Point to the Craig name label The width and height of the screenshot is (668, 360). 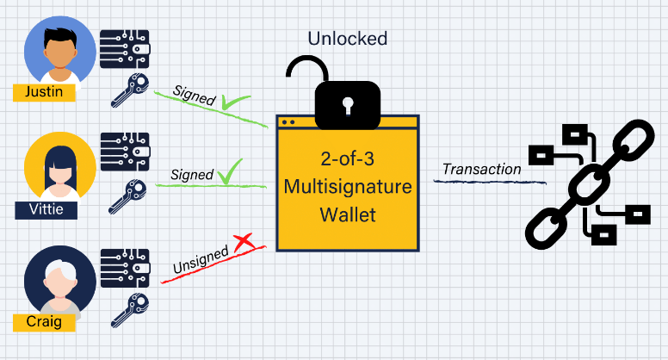pyautogui.click(x=44, y=322)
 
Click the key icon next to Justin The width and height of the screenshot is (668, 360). pyautogui.click(x=131, y=89)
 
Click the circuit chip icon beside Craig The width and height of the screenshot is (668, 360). pyautogui.click(x=126, y=268)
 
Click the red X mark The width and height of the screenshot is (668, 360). pyautogui.click(x=244, y=245)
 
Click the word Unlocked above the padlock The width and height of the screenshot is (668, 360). pyautogui.click(x=348, y=38)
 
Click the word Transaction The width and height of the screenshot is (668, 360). pyautogui.click(x=481, y=169)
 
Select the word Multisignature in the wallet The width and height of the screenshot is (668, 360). pyautogui.click(x=347, y=186)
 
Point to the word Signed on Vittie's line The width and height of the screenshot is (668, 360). pyautogui.click(x=192, y=175)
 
